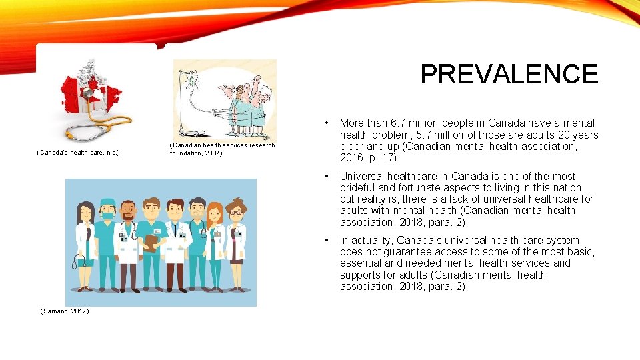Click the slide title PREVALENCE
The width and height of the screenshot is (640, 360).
coord(509,74)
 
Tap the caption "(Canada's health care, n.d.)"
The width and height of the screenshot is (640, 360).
coord(78,153)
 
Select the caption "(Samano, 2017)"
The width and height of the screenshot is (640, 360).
coord(65,311)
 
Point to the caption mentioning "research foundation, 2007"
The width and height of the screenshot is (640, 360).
coord(222,149)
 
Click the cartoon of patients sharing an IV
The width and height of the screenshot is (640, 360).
coord(225,98)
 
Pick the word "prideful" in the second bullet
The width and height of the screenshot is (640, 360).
coord(360,188)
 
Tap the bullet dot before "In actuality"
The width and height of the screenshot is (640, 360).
coord(325,241)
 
